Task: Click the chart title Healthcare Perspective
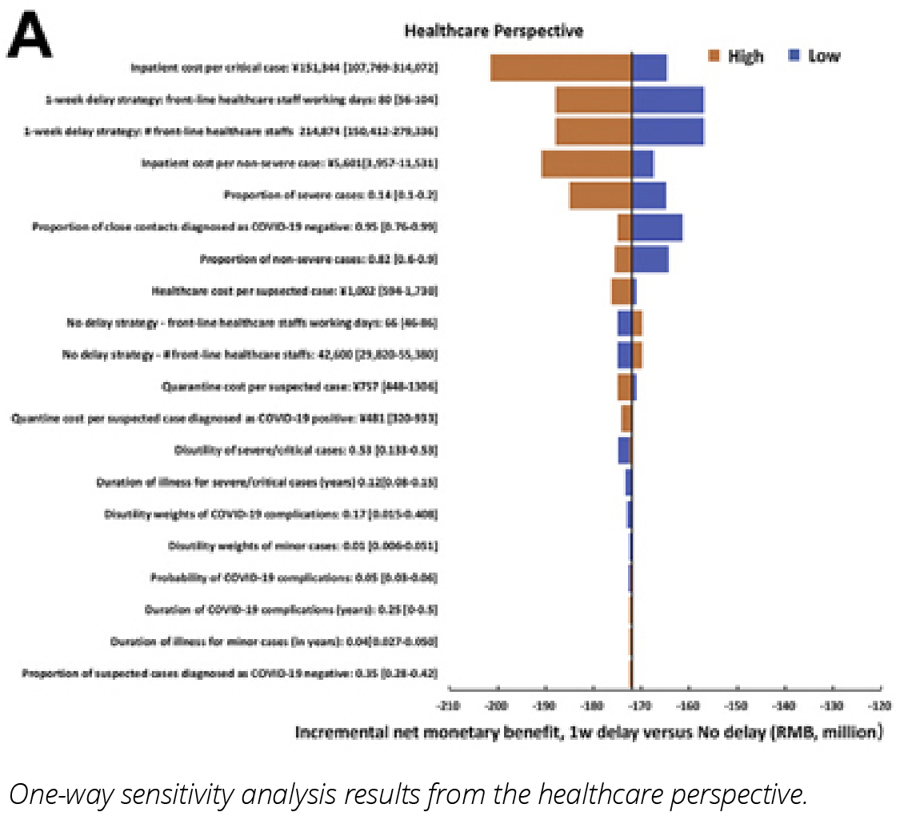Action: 494,31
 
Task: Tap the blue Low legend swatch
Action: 795,55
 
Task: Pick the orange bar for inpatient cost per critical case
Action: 561,68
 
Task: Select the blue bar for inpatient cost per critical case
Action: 650,68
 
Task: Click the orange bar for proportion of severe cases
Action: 600,195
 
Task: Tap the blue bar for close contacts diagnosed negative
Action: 657,227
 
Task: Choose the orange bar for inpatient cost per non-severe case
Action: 586,163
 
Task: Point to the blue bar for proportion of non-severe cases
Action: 650,259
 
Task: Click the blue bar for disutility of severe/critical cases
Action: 624,450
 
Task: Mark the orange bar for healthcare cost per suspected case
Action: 622,291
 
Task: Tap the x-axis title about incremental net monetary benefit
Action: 589,732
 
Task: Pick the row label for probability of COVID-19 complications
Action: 294,577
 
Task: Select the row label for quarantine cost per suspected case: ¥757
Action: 299,387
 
